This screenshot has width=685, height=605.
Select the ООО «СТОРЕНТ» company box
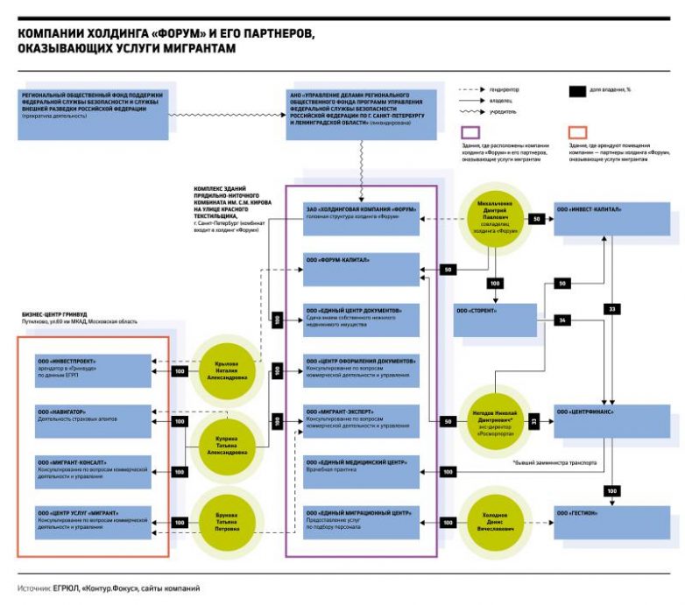493,320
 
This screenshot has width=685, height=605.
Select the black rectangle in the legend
577,90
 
